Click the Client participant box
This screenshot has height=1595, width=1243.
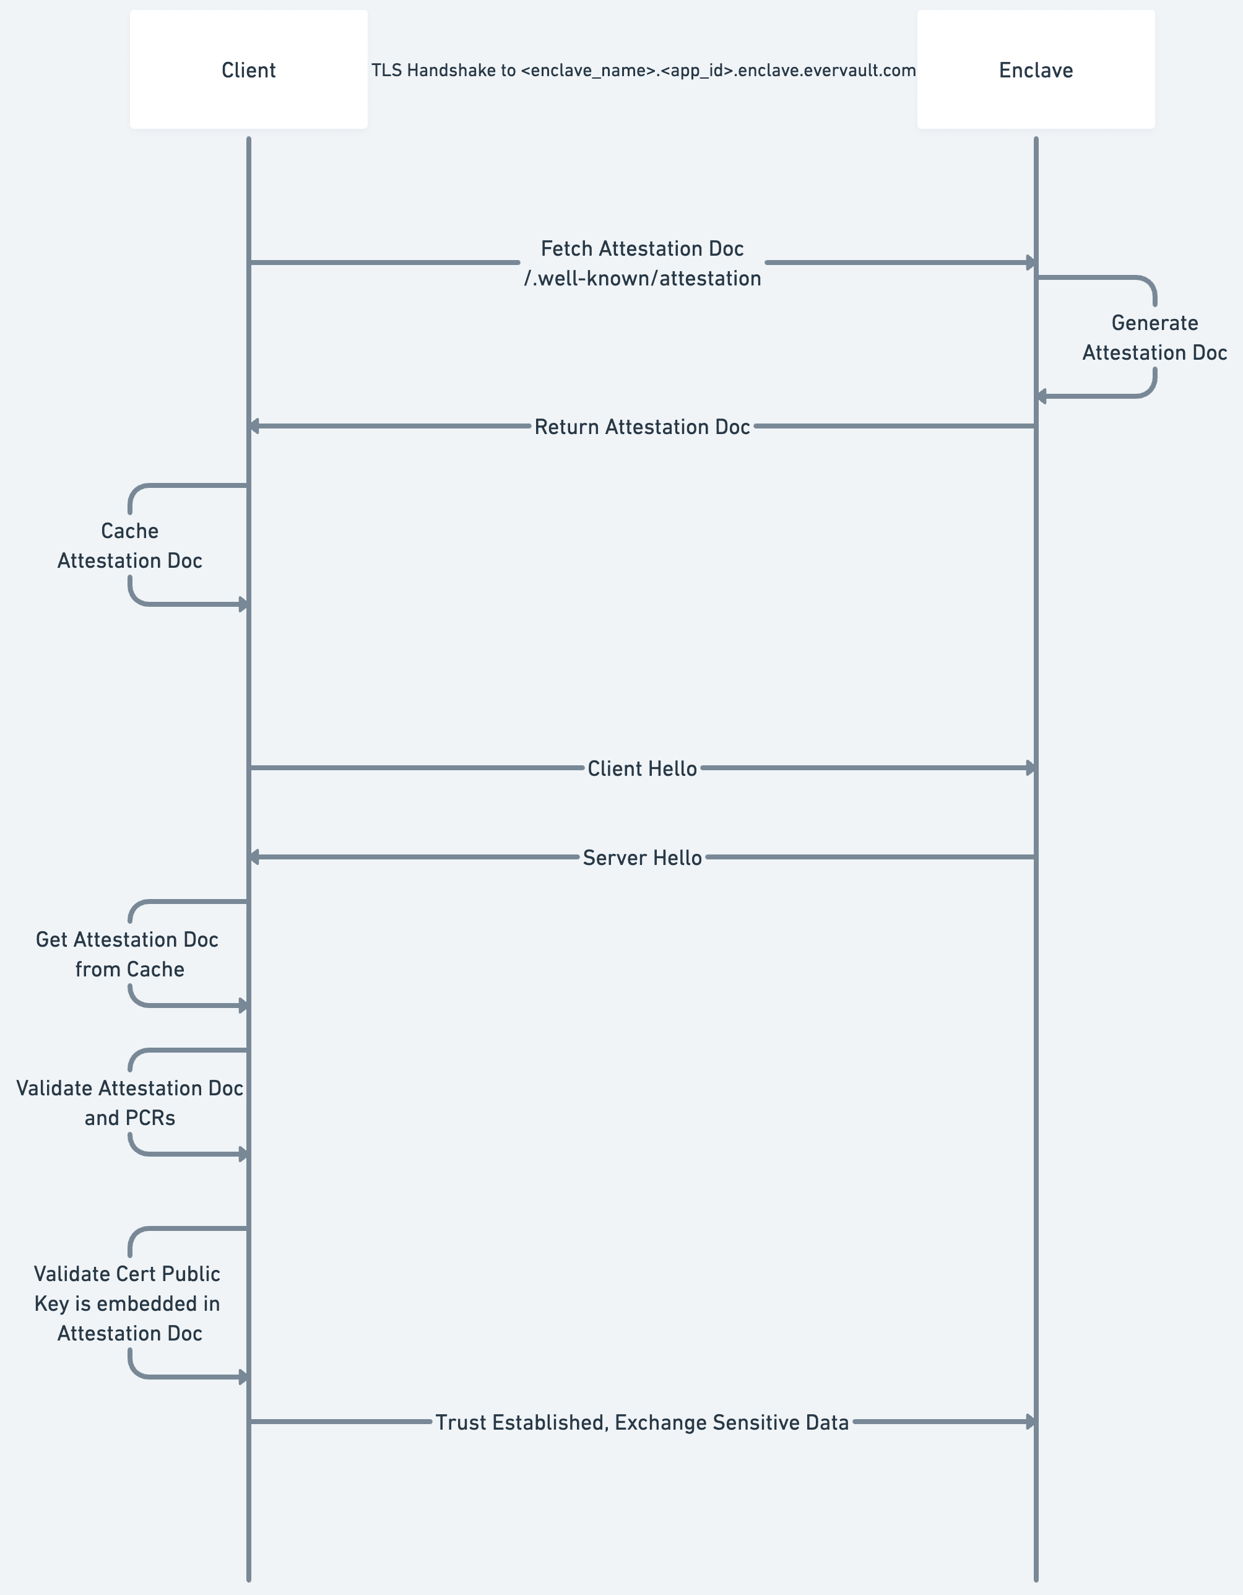(248, 69)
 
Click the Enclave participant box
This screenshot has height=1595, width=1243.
(1035, 69)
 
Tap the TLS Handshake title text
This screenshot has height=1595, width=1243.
(643, 70)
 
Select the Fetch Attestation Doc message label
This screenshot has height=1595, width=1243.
(642, 248)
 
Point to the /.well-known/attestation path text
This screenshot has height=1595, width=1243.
(642, 278)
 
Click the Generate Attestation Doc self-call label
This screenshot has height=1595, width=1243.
(1154, 337)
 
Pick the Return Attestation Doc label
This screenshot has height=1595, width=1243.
(642, 427)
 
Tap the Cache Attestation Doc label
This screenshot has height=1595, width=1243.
(130, 545)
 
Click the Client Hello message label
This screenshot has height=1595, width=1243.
(642, 768)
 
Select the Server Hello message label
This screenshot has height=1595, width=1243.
(642, 858)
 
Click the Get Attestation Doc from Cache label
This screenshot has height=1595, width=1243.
(128, 954)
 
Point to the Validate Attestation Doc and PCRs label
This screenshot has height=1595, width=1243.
(129, 1103)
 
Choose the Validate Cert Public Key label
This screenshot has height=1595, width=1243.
(127, 1303)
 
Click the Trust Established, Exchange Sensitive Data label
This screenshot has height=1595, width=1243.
(642, 1422)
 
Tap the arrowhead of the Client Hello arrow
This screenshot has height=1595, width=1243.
(1031, 768)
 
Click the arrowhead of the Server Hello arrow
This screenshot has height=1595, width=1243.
(255, 857)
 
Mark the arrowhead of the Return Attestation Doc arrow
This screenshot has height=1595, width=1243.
(255, 426)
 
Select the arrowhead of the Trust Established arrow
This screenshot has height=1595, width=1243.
(1031, 1421)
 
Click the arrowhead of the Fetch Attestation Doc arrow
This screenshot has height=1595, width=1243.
(1031, 262)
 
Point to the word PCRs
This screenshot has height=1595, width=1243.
(150, 1118)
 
